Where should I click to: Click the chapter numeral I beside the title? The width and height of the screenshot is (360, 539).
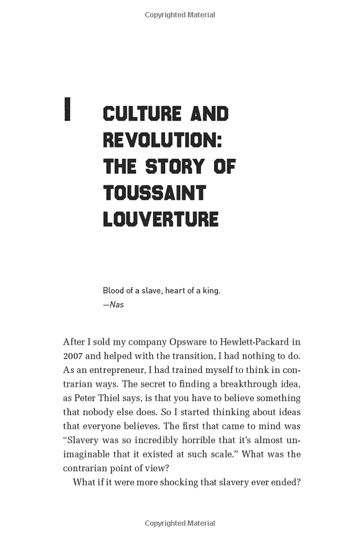click(x=68, y=109)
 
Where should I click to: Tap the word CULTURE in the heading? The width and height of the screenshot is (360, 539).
click(x=142, y=114)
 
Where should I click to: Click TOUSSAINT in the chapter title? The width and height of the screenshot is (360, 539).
click(x=154, y=192)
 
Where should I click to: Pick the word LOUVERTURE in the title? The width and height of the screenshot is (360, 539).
click(x=161, y=219)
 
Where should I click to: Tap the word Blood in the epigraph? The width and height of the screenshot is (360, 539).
click(x=113, y=291)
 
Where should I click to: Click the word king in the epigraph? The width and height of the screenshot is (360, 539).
click(x=211, y=291)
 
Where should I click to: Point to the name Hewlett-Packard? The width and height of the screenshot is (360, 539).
click(x=250, y=342)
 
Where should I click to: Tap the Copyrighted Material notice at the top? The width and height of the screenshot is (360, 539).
click(x=180, y=15)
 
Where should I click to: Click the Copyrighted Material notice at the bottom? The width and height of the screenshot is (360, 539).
click(x=180, y=523)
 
